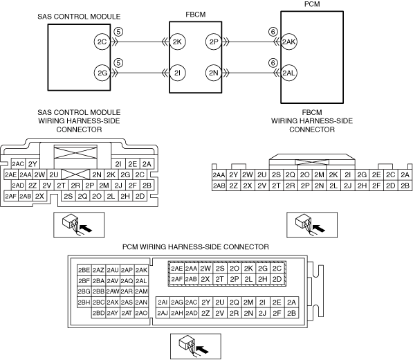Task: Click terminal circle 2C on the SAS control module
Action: coord(102,42)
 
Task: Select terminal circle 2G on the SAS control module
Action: coord(102,73)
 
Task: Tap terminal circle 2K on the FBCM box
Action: coord(178,42)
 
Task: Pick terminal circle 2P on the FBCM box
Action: coord(214,42)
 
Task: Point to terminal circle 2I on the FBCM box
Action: coord(178,73)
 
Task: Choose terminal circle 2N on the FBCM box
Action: coord(214,73)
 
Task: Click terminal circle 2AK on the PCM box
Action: coord(289,42)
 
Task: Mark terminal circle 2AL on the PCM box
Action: coord(289,73)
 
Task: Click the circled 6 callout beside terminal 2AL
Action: coord(273,63)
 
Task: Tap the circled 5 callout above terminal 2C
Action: coord(118,32)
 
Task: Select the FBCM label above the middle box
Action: coord(196,15)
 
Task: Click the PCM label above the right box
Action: coord(312,4)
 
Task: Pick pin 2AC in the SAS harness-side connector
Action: coord(18,164)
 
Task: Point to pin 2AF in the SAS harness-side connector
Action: coord(11,196)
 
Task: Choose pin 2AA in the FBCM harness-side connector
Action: coord(219,174)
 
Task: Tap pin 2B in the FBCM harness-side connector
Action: coord(405,186)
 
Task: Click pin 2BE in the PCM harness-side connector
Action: coord(84,270)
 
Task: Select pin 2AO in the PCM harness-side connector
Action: coord(141,313)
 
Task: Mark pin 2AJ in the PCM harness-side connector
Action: coord(163,313)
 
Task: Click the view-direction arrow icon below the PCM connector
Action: coord(196,346)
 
